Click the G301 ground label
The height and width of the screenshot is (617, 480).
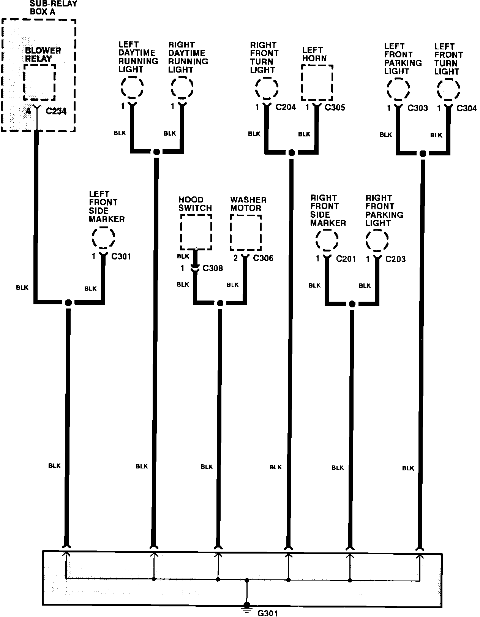(x=268, y=613)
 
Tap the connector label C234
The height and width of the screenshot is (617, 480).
(x=56, y=111)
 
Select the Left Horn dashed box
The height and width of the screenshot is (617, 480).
(x=317, y=82)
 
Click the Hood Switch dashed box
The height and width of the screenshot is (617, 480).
(x=196, y=232)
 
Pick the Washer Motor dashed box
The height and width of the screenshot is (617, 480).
(x=246, y=233)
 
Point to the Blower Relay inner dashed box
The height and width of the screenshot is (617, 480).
(x=39, y=82)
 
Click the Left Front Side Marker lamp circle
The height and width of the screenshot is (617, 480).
(x=103, y=238)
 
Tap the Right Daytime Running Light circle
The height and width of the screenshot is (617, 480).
(x=182, y=88)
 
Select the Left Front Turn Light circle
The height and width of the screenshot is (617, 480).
(x=448, y=90)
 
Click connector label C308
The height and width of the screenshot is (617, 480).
(x=213, y=268)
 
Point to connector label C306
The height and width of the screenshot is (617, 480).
(x=263, y=258)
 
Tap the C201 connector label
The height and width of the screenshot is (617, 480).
(x=346, y=259)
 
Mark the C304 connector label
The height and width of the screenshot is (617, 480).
(x=466, y=109)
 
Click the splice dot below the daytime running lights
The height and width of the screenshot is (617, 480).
(x=156, y=152)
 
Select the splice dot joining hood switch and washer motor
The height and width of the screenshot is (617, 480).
(x=220, y=303)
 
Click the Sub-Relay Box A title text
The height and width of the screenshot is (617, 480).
(x=53, y=8)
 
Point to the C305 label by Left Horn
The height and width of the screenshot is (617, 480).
(x=335, y=108)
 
